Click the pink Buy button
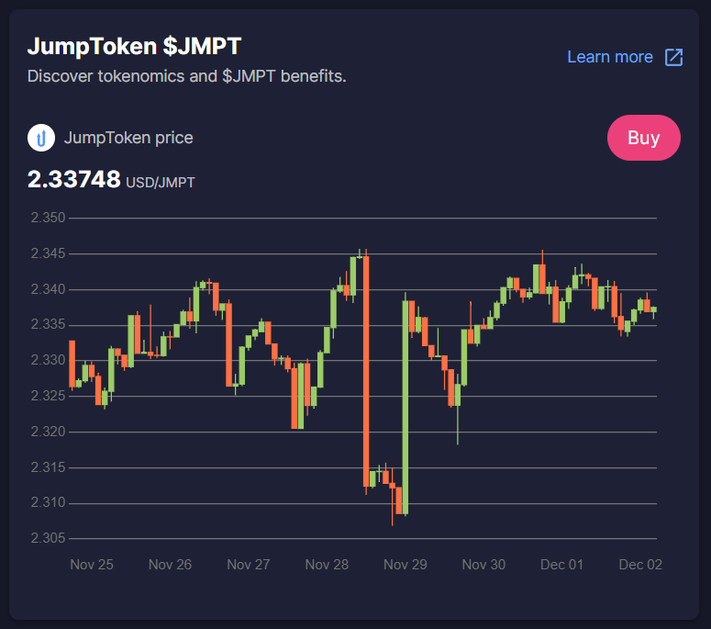click(643, 138)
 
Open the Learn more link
click(610, 57)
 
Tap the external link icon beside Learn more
click(673, 58)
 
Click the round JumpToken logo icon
click(41, 138)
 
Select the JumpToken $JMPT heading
click(134, 46)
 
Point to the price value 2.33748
click(74, 179)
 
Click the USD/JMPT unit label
click(160, 183)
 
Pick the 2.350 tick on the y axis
click(48, 218)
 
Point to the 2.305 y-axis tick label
click(48, 538)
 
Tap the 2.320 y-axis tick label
click(48, 432)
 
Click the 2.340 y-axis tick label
click(48, 289)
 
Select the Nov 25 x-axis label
click(92, 565)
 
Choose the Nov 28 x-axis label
click(327, 565)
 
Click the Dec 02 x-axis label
click(640, 565)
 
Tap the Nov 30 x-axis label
click(483, 565)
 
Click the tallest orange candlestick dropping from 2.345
click(366, 371)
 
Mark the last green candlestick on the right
click(653, 309)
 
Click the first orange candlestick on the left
click(72, 364)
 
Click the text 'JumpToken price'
click(128, 138)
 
